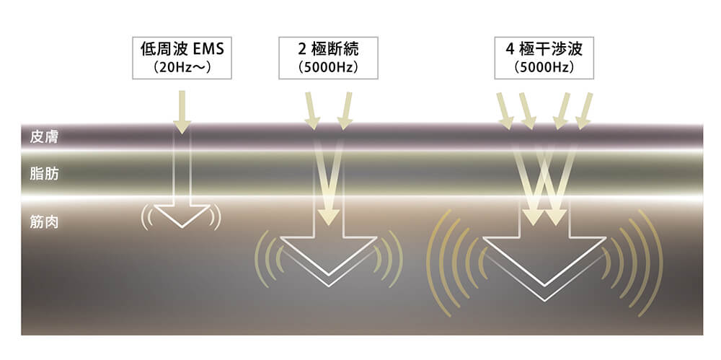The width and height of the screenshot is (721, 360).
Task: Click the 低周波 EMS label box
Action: pyautogui.click(x=182, y=58)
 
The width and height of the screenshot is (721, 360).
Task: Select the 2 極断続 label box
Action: pyautogui.click(x=328, y=58)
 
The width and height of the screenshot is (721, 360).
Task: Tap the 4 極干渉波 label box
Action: pyautogui.click(x=544, y=58)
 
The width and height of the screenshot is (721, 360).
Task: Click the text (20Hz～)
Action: pyautogui.click(x=182, y=69)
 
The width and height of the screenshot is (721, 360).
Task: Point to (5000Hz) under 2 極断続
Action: pyautogui.click(x=328, y=69)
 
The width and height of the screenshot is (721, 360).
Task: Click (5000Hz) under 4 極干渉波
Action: pyautogui.click(x=544, y=69)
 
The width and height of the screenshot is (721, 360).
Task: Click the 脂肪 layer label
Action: pyautogui.click(x=40, y=174)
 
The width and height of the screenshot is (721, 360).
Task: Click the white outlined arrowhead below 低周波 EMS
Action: pyautogui.click(x=182, y=214)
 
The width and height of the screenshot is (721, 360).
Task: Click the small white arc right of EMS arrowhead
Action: pyautogui.click(x=216, y=217)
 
